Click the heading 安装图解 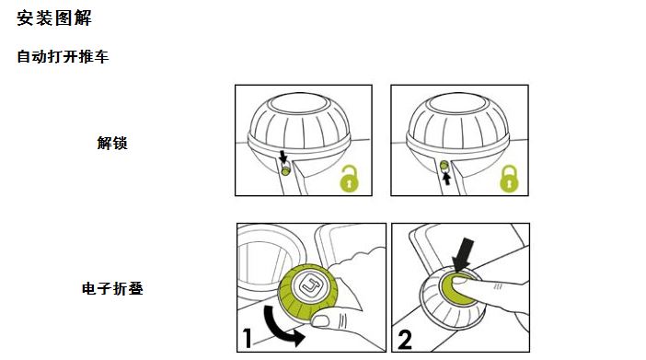[x=54, y=18]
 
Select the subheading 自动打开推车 [x=63, y=56]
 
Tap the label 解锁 [x=112, y=143]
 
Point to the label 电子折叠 [x=112, y=288]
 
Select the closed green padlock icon [x=509, y=179]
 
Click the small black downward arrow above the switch [x=283, y=157]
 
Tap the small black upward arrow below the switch [x=445, y=179]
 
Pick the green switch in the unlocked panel [x=285, y=170]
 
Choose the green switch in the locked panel [x=444, y=166]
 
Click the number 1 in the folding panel [x=247, y=338]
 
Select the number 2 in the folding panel [x=405, y=340]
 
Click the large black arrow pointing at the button [x=463, y=254]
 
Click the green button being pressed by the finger [x=457, y=289]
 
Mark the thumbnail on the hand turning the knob [x=321, y=319]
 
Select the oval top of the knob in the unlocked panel [x=299, y=103]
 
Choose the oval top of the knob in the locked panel [x=457, y=103]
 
